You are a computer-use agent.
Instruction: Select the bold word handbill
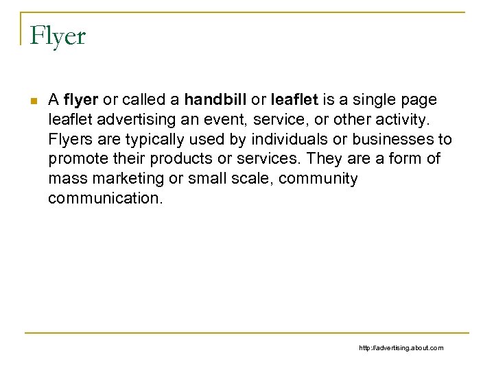tap(213, 100)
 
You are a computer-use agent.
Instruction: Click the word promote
tap(75, 160)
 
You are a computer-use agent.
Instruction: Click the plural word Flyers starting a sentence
tap(70, 140)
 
